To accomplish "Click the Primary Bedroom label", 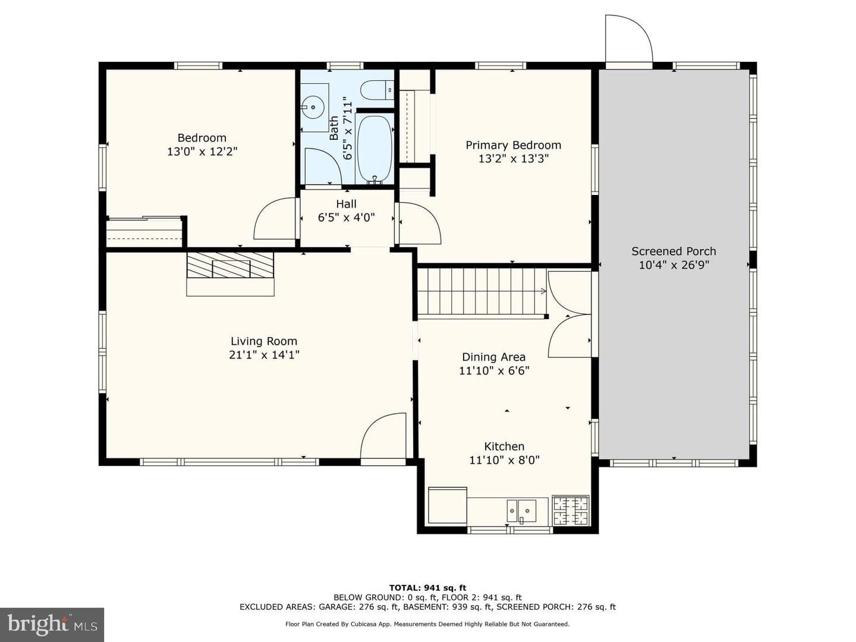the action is tap(513, 146).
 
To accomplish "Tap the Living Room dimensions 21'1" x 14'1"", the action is tap(264, 355).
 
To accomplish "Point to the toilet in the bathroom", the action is tap(377, 90).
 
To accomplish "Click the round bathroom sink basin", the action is tap(313, 107).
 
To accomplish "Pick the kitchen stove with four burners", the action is tap(571, 511).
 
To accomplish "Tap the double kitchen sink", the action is tap(521, 511).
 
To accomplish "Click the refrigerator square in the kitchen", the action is tap(447, 505).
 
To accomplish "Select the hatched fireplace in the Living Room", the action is tap(230, 265).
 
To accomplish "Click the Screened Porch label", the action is tap(674, 251).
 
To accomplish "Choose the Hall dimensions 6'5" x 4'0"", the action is tap(347, 218).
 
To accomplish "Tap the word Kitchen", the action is tap(504, 446).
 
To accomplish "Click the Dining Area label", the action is tap(494, 357).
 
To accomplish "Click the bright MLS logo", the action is tap(52, 625).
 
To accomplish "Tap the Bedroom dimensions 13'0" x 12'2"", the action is tap(202, 152).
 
